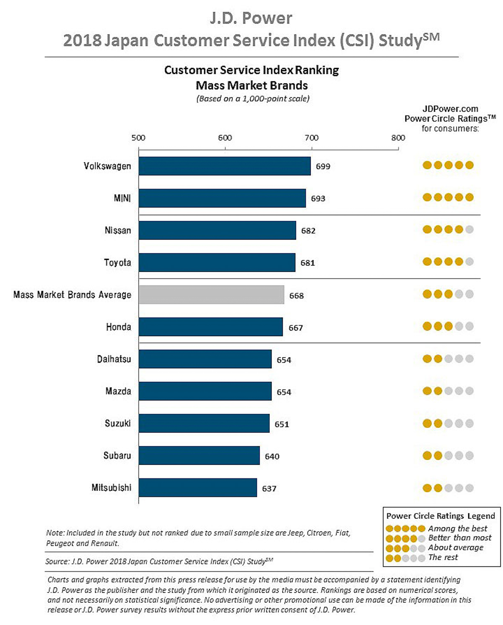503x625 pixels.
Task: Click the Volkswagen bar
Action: (x=225, y=166)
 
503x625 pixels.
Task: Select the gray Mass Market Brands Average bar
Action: (x=211, y=295)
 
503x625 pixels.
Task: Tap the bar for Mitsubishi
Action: (x=198, y=488)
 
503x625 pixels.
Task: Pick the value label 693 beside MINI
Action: (x=318, y=198)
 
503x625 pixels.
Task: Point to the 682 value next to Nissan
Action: (x=308, y=231)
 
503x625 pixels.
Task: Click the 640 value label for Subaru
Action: (x=272, y=456)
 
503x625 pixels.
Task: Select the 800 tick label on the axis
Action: (x=398, y=138)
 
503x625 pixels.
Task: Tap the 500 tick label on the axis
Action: (x=138, y=138)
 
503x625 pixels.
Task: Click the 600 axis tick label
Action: (x=225, y=138)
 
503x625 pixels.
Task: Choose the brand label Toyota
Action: (x=117, y=263)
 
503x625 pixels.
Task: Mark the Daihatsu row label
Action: (x=114, y=359)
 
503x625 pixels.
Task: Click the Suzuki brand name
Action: (x=118, y=423)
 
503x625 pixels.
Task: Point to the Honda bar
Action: (x=211, y=327)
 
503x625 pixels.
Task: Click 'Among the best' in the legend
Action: (x=458, y=529)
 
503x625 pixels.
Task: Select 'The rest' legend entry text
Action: (x=443, y=557)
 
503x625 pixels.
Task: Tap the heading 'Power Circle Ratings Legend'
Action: (x=441, y=516)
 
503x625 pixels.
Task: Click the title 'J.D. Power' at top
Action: (x=251, y=18)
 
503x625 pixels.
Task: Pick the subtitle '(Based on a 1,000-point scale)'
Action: (x=253, y=99)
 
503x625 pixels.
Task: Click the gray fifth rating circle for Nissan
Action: (x=469, y=229)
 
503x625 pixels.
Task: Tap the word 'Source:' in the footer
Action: (x=57, y=562)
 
